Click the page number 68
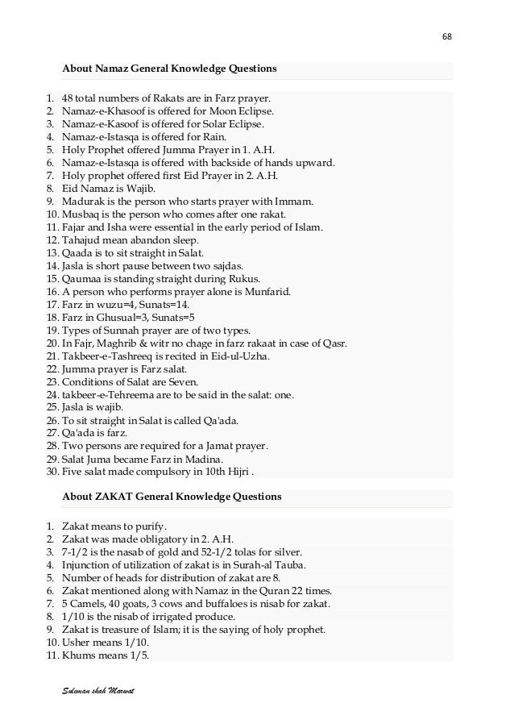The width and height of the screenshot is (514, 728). point(447,37)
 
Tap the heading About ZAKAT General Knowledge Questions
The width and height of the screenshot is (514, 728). point(172,497)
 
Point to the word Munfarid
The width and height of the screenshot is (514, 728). point(269,290)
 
